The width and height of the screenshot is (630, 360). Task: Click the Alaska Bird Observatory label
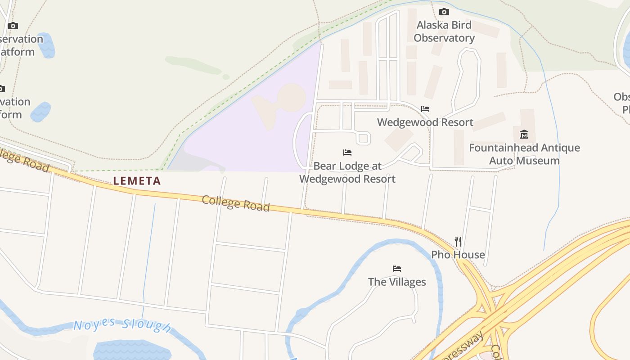444,31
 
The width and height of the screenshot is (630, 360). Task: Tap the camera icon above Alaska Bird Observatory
444,12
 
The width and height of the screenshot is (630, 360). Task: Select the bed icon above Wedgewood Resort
425,109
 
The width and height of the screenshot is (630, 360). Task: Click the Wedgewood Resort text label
425,122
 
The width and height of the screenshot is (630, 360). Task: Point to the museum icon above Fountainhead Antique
524,134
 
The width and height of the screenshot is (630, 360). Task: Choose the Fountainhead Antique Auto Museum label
524,154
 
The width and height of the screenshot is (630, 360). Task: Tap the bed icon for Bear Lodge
347,153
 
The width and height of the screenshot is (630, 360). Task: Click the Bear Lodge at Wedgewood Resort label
347,172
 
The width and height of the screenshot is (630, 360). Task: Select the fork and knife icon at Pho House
458,242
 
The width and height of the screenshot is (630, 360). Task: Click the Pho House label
458,255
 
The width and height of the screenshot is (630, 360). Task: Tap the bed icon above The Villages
397,269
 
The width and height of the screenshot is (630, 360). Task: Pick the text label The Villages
397,282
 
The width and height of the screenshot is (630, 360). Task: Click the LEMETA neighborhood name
137,181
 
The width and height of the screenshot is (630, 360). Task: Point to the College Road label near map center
235,203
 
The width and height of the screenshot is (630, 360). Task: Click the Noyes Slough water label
122,326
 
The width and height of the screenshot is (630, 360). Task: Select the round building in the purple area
292,98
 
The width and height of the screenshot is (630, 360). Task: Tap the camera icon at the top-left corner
13,26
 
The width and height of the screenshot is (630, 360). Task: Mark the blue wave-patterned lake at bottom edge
131,350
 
